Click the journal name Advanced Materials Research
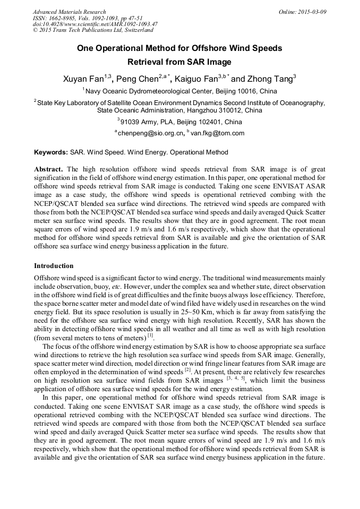(x=69, y=12)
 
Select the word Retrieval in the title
(x=151, y=62)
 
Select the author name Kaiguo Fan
(x=196, y=79)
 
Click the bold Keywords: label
(x=51, y=152)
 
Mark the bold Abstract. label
(x=49, y=168)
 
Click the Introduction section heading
(x=54, y=265)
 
